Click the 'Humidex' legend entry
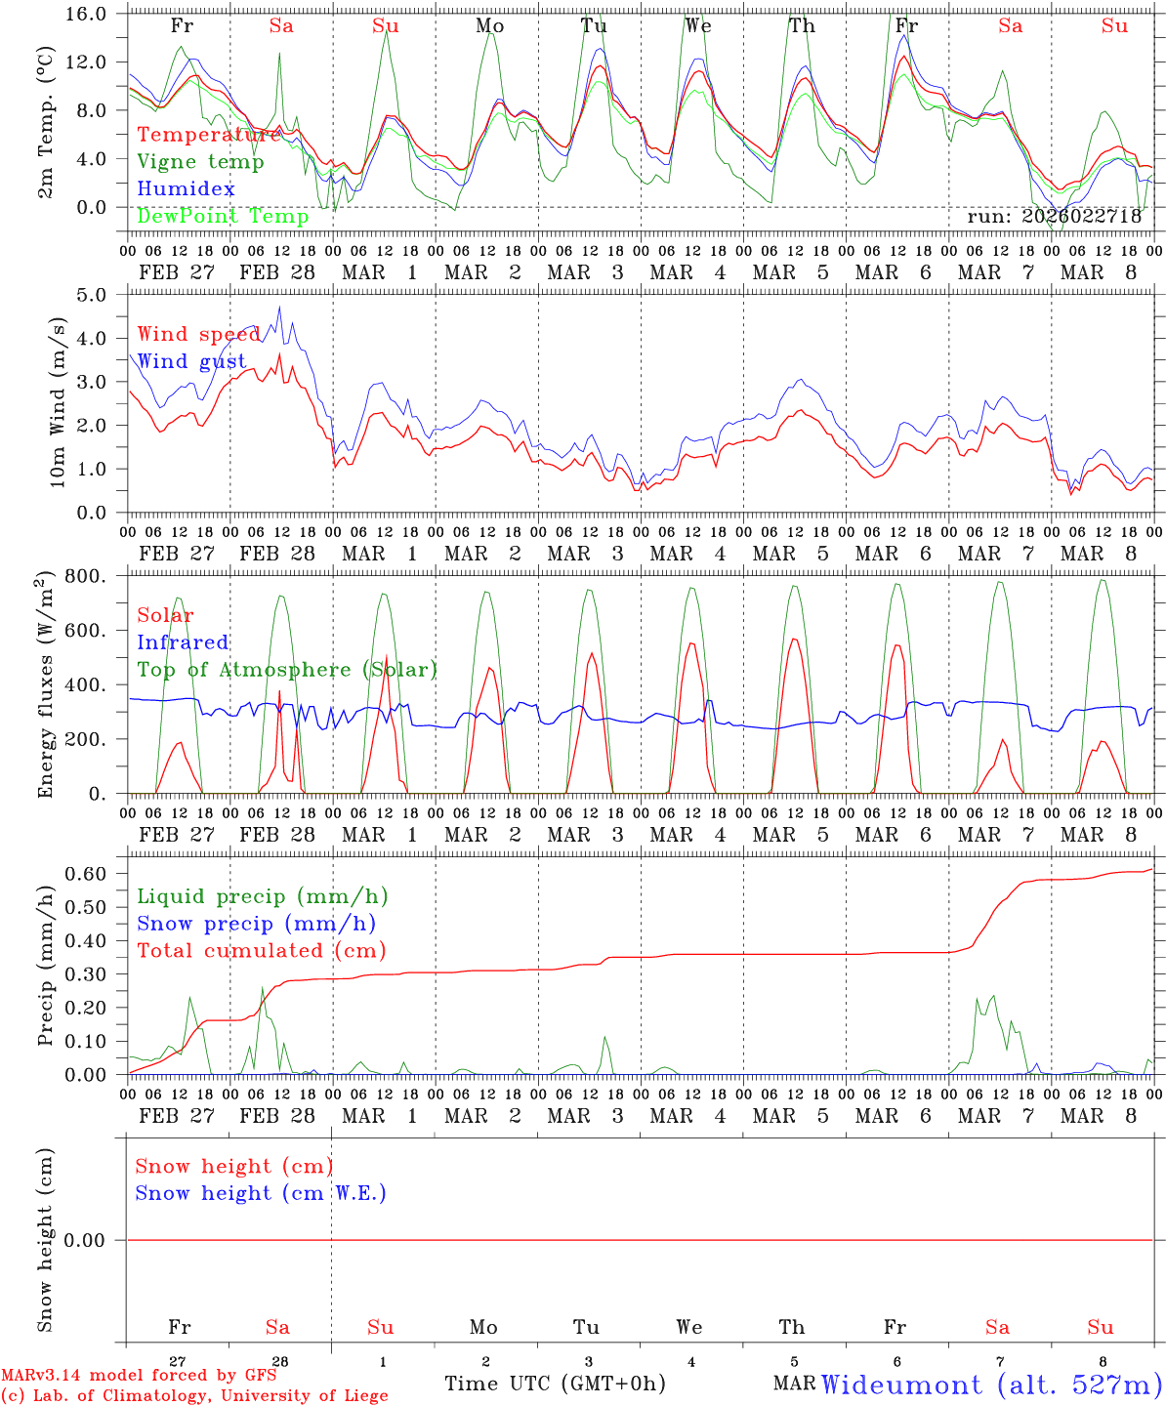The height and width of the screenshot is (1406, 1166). pyautogui.click(x=186, y=189)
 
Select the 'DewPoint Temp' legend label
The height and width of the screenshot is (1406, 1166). pyautogui.click(x=223, y=216)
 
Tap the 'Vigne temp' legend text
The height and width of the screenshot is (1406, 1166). pyautogui.click(x=200, y=162)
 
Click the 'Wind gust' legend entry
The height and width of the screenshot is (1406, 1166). pyautogui.click(x=191, y=361)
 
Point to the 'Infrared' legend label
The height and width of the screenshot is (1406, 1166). pyautogui.click(x=183, y=642)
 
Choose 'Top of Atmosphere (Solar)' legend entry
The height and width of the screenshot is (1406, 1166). pyautogui.click(x=286, y=670)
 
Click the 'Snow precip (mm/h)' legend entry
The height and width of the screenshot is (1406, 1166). pyautogui.click(x=256, y=924)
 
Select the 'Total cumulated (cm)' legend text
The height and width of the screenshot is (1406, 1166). pyautogui.click(x=261, y=950)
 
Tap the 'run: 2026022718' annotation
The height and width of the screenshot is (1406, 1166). pyautogui.click(x=1054, y=217)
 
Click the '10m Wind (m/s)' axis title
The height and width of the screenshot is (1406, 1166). pyautogui.click(x=57, y=401)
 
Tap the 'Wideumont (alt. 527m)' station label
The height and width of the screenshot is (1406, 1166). pyautogui.click(x=990, y=1385)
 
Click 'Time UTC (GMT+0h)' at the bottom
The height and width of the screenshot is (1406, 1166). pyautogui.click(x=555, y=1384)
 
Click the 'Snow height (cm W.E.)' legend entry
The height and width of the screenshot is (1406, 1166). pyautogui.click(x=261, y=1193)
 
